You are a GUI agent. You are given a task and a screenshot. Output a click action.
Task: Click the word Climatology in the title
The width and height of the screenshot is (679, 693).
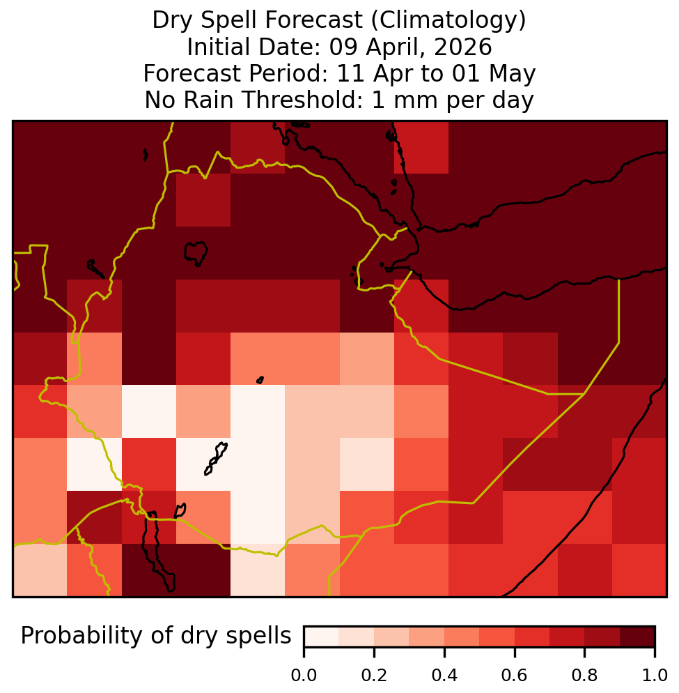click(448, 20)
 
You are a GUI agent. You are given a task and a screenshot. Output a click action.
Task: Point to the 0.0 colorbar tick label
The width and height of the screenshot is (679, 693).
click(304, 676)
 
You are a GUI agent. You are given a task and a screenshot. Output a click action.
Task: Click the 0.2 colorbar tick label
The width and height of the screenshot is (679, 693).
click(374, 676)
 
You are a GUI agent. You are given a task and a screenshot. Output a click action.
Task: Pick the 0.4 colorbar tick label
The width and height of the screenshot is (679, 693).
click(444, 676)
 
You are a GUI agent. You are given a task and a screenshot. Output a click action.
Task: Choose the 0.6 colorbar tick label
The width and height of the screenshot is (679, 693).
click(515, 676)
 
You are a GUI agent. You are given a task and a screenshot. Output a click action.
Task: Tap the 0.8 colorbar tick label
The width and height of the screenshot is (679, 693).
click(584, 676)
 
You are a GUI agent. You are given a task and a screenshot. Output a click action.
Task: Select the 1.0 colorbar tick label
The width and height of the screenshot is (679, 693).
click(654, 676)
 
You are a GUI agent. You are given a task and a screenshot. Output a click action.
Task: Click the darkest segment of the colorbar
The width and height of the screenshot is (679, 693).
click(637, 637)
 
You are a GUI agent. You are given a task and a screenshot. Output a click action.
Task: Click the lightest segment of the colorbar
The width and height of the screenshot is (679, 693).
click(322, 637)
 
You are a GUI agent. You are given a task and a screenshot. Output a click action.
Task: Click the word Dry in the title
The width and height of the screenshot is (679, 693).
click(173, 20)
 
